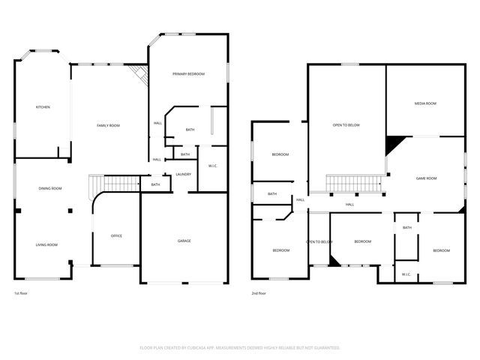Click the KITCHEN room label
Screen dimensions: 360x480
pyautogui.click(x=43, y=107)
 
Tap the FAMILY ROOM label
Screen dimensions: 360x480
pyautogui.click(x=108, y=125)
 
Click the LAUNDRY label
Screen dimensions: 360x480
pyautogui.click(x=183, y=174)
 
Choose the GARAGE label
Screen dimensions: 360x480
pyautogui.click(x=184, y=241)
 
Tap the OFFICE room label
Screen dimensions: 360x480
pyautogui.click(x=116, y=235)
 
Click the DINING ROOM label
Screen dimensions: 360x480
pyautogui.click(x=50, y=188)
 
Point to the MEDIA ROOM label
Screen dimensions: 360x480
pyautogui.click(x=425, y=103)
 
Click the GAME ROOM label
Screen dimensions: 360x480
pyautogui.click(x=426, y=178)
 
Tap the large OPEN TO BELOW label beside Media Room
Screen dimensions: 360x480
pyautogui.click(x=346, y=124)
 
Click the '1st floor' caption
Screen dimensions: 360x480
pyautogui.click(x=22, y=292)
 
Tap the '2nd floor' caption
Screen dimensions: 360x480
pyautogui.click(x=259, y=292)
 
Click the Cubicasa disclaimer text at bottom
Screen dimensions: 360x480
pyautogui.click(x=240, y=347)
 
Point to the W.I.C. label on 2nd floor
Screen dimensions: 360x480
pyautogui.click(x=406, y=274)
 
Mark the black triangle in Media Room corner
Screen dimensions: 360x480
pyautogui.click(x=393, y=143)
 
